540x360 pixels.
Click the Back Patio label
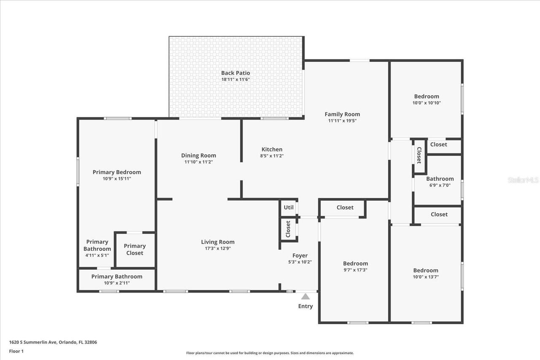click(236, 73)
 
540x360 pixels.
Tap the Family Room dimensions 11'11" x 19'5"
click(343, 121)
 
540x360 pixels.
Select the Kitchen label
click(272, 149)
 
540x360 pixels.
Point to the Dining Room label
click(198, 156)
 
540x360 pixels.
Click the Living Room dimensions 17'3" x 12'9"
click(218, 248)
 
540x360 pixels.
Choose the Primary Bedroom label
click(117, 172)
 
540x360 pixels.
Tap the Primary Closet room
click(135, 250)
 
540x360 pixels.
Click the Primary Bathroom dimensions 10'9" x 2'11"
click(117, 283)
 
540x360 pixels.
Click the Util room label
click(289, 207)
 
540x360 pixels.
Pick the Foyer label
click(300, 255)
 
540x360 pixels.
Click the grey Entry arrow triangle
click(305, 296)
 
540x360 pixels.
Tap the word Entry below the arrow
click(305, 306)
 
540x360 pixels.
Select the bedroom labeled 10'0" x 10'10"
click(427, 99)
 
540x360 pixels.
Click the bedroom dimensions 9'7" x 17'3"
click(355, 270)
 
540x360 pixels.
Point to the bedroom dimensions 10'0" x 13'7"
click(426, 277)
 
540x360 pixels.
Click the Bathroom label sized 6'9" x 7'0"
click(440, 179)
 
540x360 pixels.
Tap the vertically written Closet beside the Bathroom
click(419, 155)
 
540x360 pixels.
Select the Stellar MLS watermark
click(523, 180)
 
